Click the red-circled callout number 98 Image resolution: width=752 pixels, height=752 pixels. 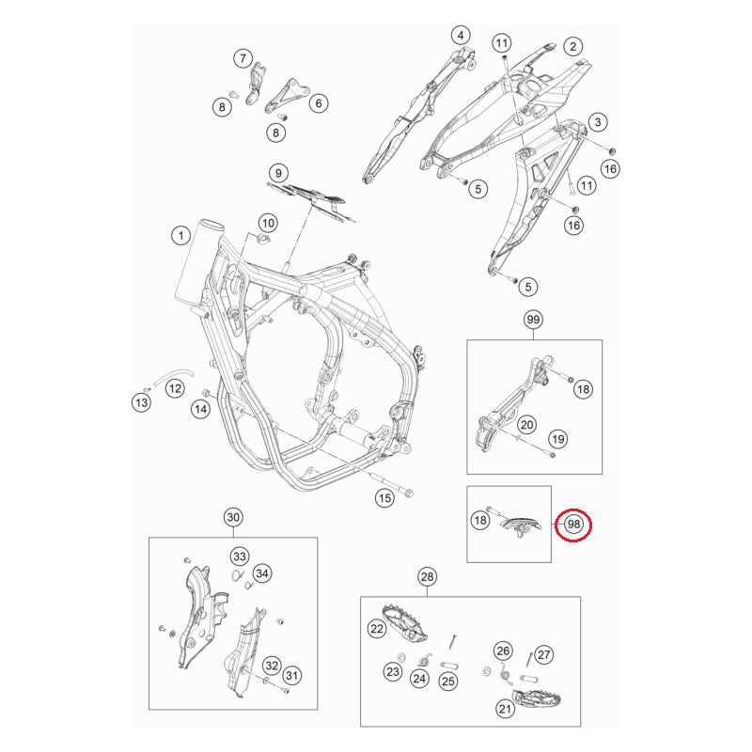[572, 526]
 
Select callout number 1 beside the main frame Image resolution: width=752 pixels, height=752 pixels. [178, 233]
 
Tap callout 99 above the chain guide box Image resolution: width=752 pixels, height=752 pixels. [533, 321]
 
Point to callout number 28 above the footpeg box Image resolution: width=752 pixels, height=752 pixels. [428, 576]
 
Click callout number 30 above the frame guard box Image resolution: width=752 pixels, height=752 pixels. [233, 518]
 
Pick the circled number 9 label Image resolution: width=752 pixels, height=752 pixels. [277, 173]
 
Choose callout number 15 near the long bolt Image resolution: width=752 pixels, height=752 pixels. [384, 498]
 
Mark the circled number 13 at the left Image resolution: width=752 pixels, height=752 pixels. [140, 403]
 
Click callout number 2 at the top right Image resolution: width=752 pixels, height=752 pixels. [572, 46]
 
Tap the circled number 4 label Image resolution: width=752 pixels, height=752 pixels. [461, 37]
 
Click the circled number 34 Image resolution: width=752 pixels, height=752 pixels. [261, 573]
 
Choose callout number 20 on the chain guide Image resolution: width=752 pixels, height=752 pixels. [526, 425]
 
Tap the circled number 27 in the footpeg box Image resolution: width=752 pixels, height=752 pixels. [544, 655]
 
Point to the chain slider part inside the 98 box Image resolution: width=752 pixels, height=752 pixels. [519, 525]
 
